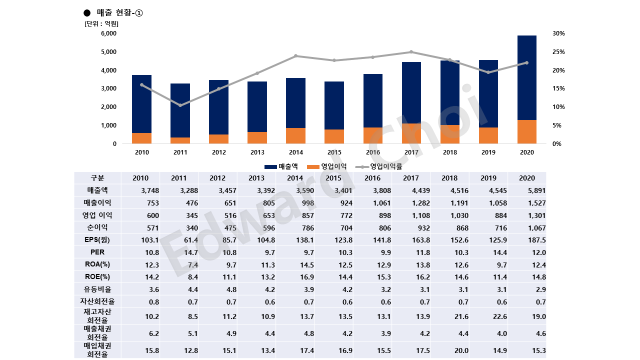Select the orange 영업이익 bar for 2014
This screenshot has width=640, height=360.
point(295,136)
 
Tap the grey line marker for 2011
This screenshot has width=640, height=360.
point(180,105)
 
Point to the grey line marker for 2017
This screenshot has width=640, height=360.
point(411,52)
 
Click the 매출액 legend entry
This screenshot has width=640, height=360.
point(281,166)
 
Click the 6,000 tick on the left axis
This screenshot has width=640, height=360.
point(108,33)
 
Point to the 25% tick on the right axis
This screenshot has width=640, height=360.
point(558,52)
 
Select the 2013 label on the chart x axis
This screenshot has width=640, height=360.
point(257,152)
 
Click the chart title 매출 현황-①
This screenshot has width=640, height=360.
point(119,13)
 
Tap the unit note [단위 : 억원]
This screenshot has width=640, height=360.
point(101,23)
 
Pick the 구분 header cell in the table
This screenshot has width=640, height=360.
point(97,178)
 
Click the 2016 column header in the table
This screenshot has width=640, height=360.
point(372,178)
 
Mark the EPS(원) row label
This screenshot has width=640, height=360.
point(97,240)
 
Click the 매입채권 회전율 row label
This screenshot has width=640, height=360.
point(97,350)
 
